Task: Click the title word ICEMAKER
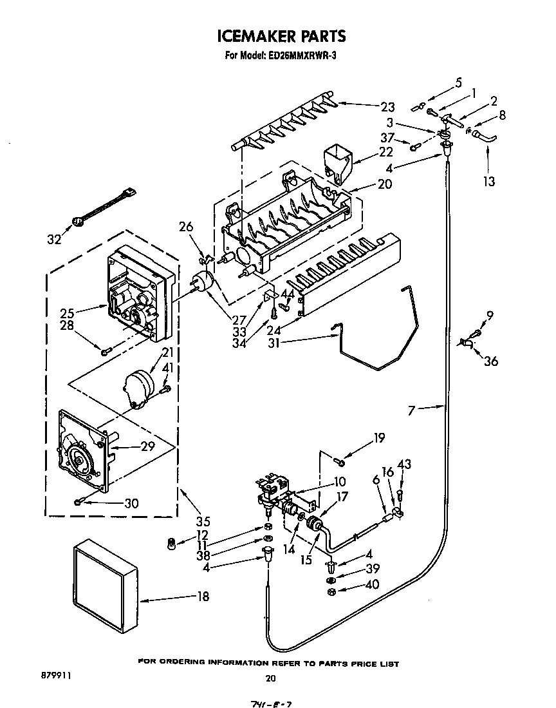[x=248, y=36]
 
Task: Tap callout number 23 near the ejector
[x=387, y=108]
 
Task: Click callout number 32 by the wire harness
[x=54, y=240]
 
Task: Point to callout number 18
[x=203, y=597]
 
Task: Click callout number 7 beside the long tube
[x=412, y=410]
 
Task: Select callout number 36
[x=491, y=361]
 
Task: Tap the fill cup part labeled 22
[x=338, y=161]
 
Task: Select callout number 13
[x=489, y=182]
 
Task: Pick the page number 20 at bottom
[x=271, y=678]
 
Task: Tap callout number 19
[x=378, y=438]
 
